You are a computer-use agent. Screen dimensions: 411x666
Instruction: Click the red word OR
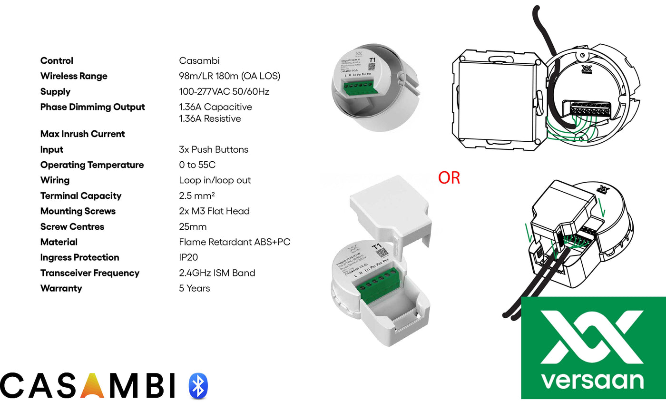[449, 178]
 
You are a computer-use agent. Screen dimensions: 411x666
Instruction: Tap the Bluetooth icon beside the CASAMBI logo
[198, 385]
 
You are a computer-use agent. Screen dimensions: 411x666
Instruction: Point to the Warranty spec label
[61, 288]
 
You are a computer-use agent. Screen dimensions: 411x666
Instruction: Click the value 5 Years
[194, 288]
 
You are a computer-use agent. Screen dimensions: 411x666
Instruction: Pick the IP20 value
[188, 257]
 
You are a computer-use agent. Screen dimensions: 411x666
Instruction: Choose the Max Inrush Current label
[82, 134]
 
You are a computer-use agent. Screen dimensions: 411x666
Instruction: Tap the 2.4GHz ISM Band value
[217, 273]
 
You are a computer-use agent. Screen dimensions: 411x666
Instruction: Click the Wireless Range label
[74, 76]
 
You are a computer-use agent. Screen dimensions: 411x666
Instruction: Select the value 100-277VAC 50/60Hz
[225, 92]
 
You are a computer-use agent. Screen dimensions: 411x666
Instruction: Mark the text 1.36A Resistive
[210, 118]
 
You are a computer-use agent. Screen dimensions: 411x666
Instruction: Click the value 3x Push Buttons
[214, 149]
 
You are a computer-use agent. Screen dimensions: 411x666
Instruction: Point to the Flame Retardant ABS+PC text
[235, 242]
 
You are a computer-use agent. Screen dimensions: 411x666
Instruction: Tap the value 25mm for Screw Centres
[193, 226]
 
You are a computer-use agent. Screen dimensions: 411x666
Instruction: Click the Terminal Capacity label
[80, 196]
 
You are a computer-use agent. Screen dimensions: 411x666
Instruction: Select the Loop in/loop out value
[215, 180]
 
